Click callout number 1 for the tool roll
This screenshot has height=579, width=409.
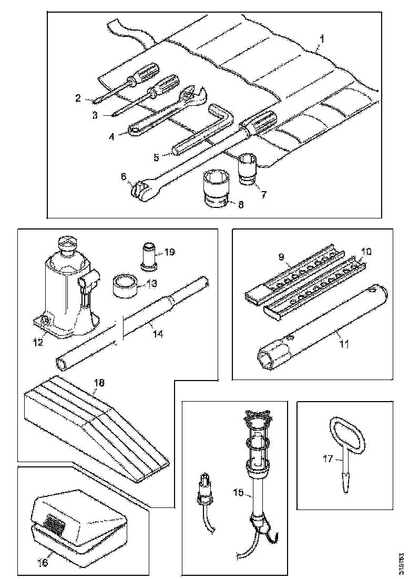[322, 38]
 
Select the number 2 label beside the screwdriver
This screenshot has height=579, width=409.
[78, 97]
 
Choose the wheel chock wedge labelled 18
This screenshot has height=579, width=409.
[95, 429]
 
